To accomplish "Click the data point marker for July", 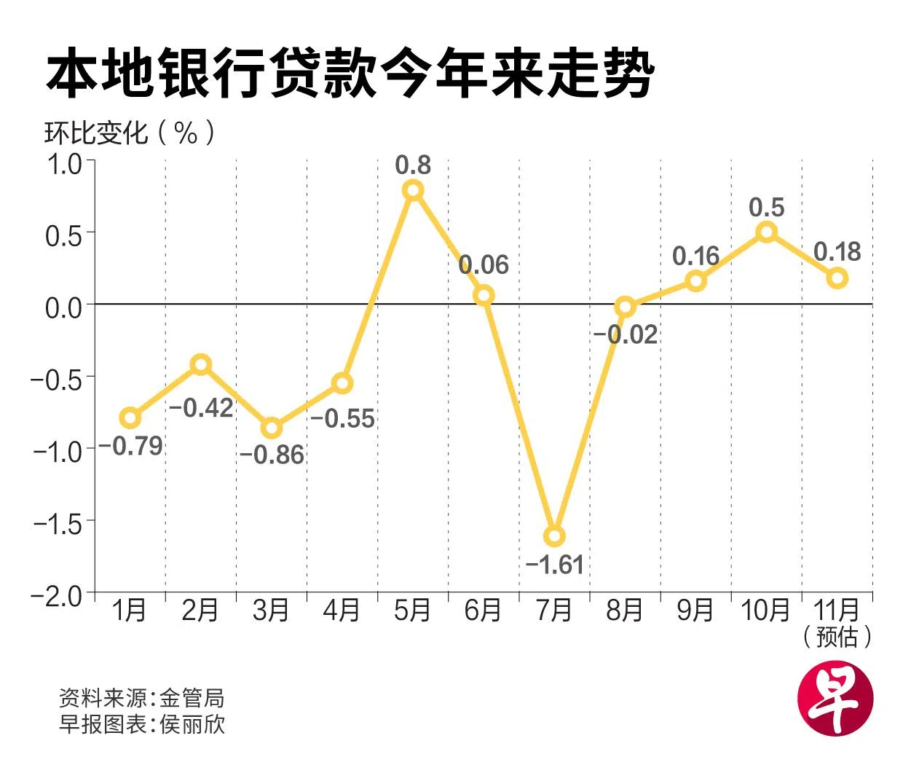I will click(554, 536).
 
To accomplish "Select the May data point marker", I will click(413, 190).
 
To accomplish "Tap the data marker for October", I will click(766, 232).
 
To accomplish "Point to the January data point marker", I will click(130, 417).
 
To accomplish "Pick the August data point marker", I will click(625, 307).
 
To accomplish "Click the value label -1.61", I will click(554, 565).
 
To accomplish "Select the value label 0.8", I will click(413, 165).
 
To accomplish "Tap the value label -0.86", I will click(272, 455).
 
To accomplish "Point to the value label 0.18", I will click(837, 252).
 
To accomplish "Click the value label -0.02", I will click(626, 334).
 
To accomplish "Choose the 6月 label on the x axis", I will click(484, 610).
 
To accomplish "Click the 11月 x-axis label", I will click(837, 610).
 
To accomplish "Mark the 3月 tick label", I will click(272, 610).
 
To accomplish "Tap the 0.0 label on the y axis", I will click(64, 307).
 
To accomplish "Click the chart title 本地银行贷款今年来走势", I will click(350, 74).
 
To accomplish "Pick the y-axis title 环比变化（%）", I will click(130, 133).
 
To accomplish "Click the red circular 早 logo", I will click(835, 697).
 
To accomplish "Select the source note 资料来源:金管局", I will click(141, 698).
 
